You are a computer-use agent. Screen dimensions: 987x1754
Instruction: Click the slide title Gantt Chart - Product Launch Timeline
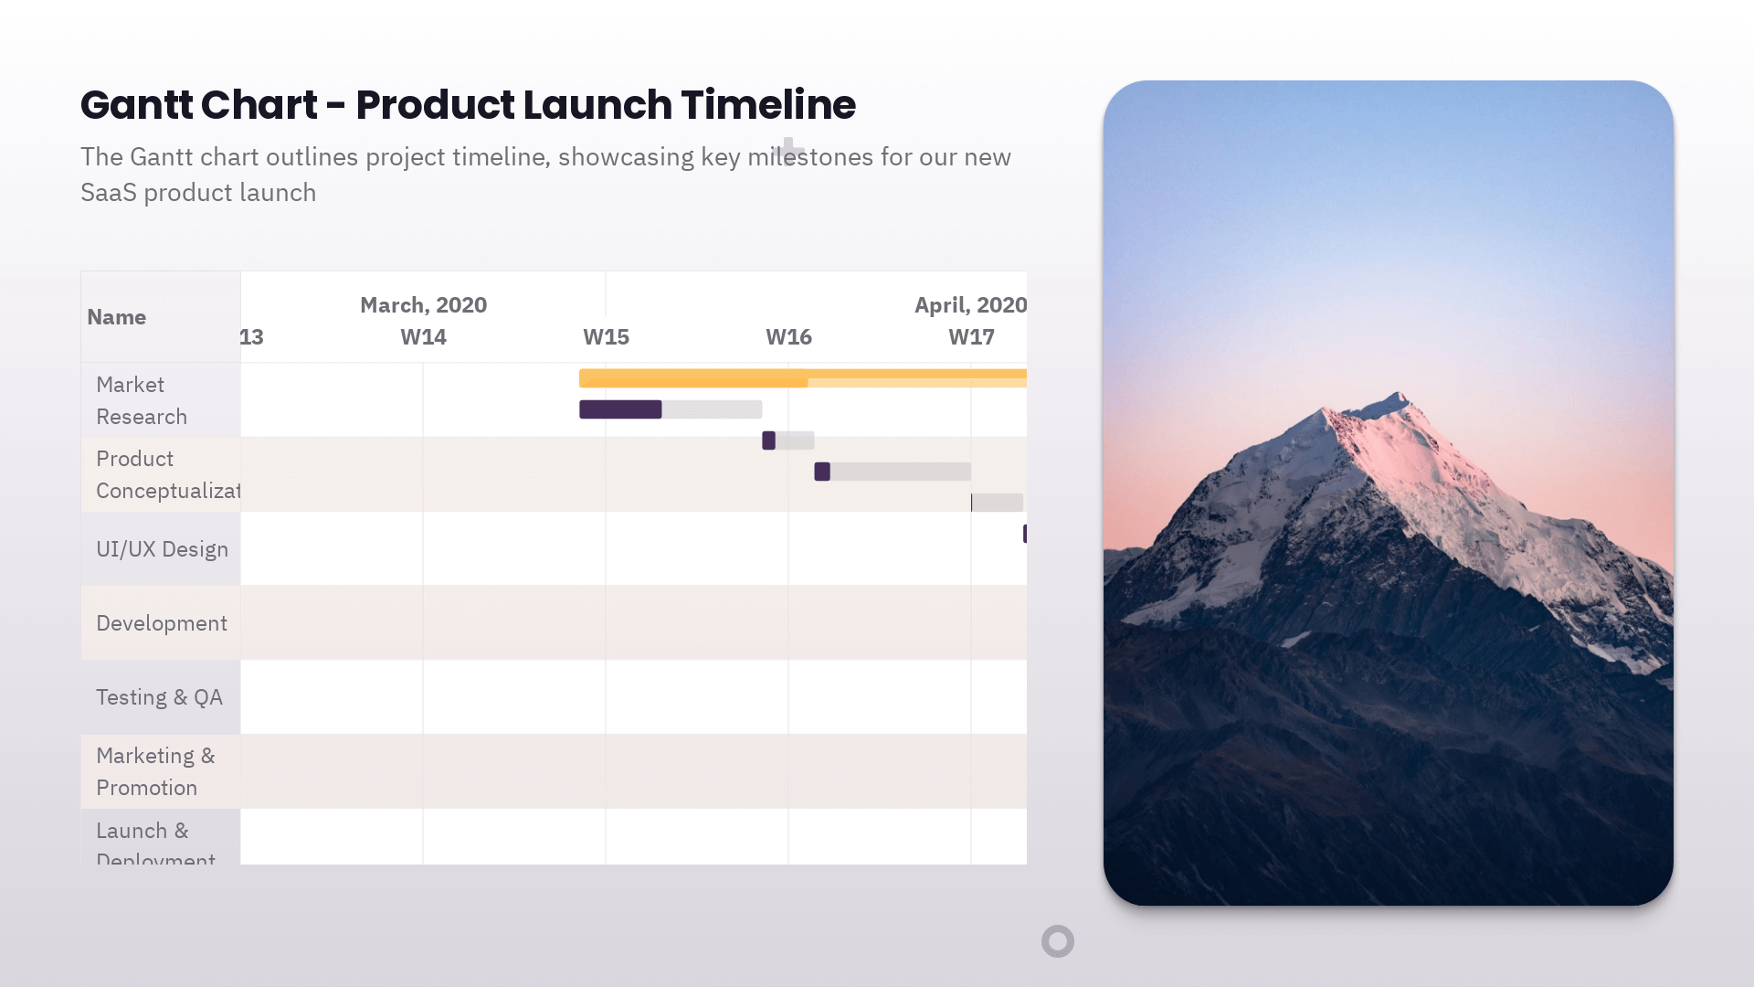pyautogui.click(x=468, y=105)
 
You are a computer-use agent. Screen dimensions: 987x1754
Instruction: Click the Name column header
pyautogui.click(x=116, y=317)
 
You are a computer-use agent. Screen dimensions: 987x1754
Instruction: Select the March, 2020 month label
pyautogui.click(x=423, y=305)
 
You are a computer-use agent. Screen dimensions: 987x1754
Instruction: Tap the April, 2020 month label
pyautogui.click(x=970, y=305)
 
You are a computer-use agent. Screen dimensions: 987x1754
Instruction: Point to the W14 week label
pyautogui.click(x=423, y=337)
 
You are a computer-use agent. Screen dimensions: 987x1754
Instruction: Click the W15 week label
pyautogui.click(x=606, y=337)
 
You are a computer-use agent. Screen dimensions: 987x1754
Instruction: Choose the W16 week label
pyautogui.click(x=788, y=337)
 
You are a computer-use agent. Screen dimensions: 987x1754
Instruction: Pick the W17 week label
pyautogui.click(x=971, y=337)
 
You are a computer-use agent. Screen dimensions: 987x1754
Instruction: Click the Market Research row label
pyautogui.click(x=142, y=400)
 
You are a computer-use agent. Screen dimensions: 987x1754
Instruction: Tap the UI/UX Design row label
pyautogui.click(x=162, y=549)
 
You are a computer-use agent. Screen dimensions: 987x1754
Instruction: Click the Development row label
pyautogui.click(x=162, y=623)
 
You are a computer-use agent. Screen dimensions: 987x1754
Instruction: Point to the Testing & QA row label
pyautogui.click(x=159, y=697)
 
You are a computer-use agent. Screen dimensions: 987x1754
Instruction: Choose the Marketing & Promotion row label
pyautogui.click(x=155, y=771)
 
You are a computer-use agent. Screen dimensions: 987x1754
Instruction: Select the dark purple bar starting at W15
pyautogui.click(x=620, y=409)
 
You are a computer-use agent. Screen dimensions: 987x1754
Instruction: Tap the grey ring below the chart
pyautogui.click(x=1058, y=941)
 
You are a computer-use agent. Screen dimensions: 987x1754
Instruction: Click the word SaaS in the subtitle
pyautogui.click(x=108, y=193)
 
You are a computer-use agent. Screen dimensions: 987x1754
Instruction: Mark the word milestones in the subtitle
pyautogui.click(x=810, y=157)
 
